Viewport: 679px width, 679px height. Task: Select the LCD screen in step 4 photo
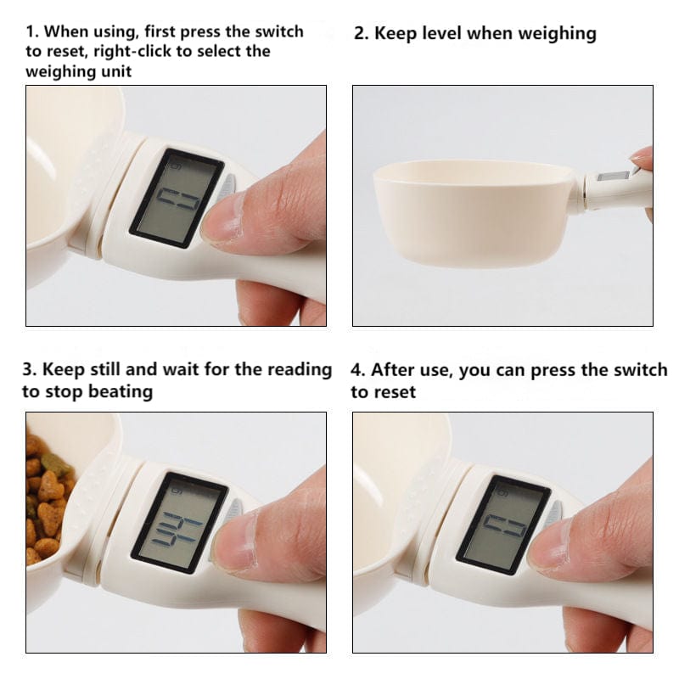502,524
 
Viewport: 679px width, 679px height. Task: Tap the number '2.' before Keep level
361,34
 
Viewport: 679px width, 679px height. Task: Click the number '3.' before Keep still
30,370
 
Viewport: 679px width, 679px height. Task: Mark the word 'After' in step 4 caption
393,370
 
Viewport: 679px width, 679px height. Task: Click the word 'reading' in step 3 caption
298,370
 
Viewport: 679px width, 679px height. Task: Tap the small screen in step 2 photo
613,177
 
